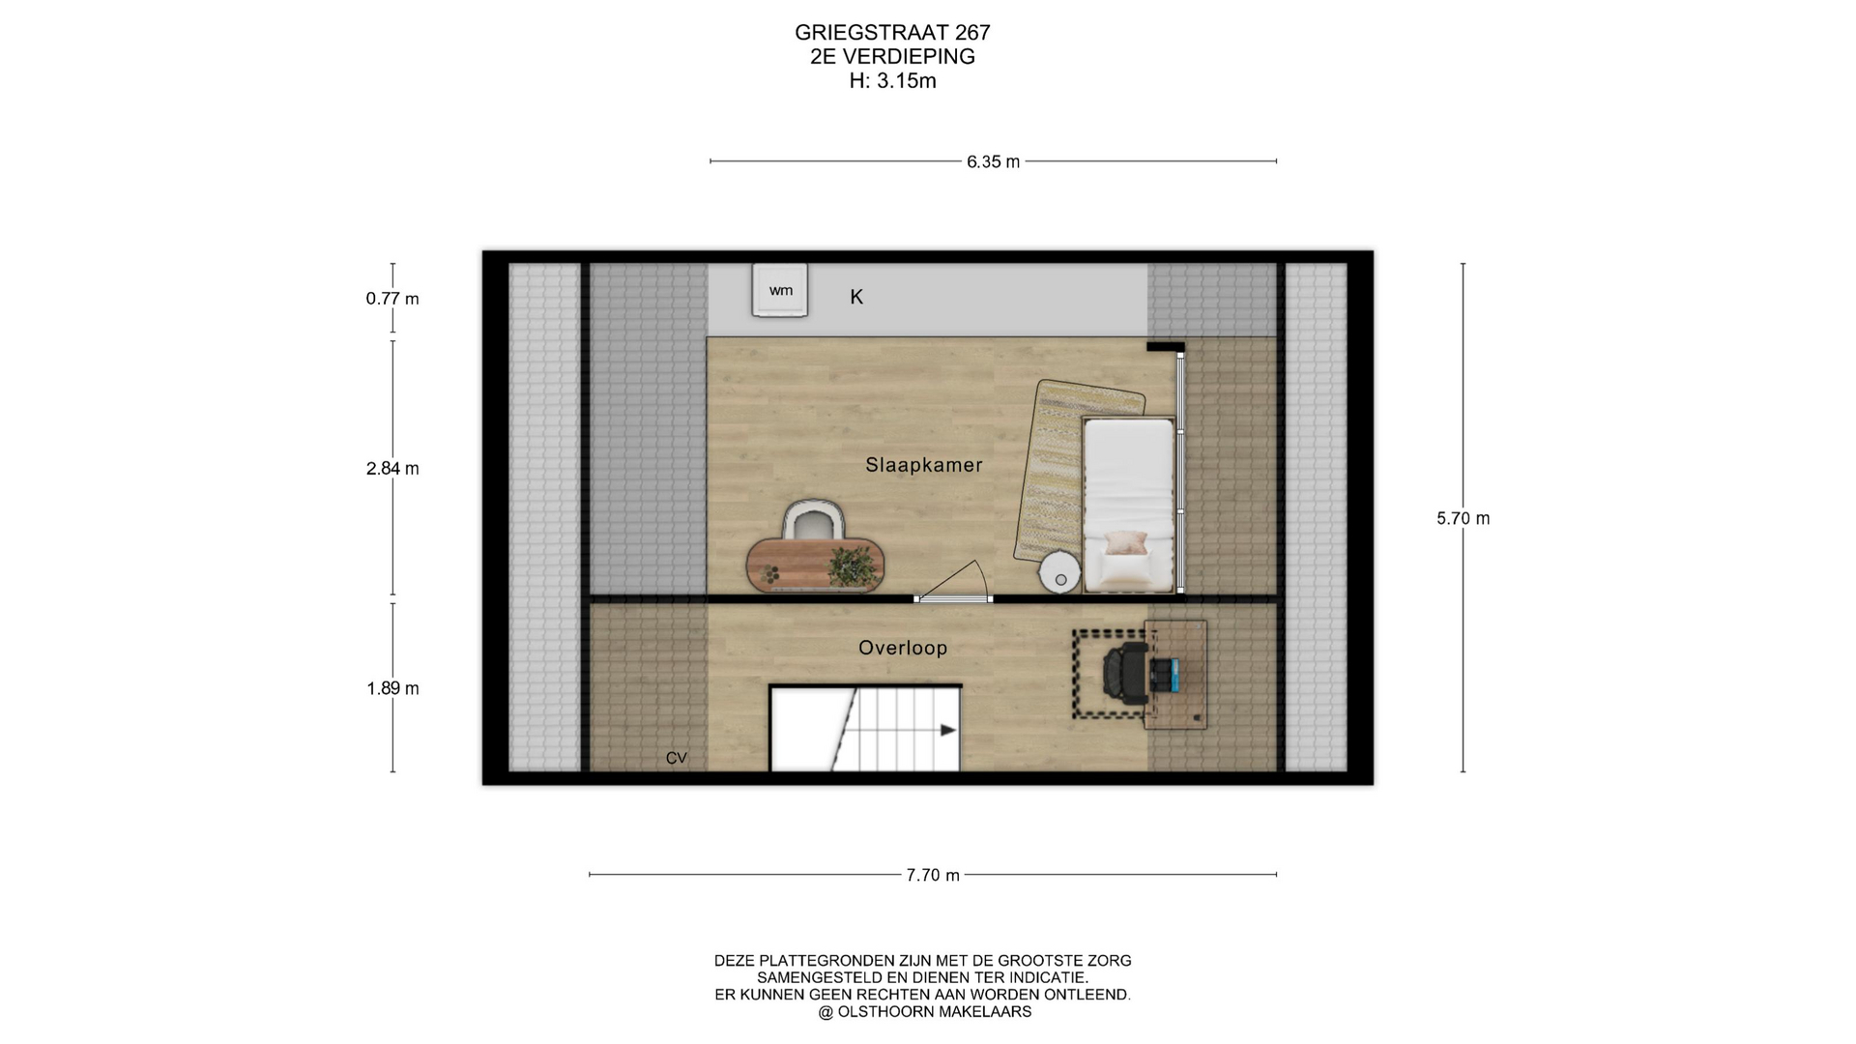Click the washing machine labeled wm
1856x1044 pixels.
[780, 290]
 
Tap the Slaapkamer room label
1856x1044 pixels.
[924, 465]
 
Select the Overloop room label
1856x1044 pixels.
[903, 648]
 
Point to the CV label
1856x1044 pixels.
[677, 758]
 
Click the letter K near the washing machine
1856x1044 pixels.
[856, 297]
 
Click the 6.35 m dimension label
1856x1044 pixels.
[993, 162]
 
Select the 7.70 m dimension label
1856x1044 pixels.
[933, 876]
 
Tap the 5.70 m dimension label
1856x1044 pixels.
[1464, 518]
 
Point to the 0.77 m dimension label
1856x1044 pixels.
[392, 299]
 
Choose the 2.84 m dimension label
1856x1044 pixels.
[392, 469]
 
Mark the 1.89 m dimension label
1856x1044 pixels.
[392, 689]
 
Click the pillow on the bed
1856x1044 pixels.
[1126, 542]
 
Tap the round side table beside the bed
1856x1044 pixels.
[1060, 571]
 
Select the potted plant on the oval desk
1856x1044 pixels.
[851, 565]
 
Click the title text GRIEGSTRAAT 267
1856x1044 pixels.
[892, 33]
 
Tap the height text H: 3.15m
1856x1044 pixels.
[892, 81]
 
